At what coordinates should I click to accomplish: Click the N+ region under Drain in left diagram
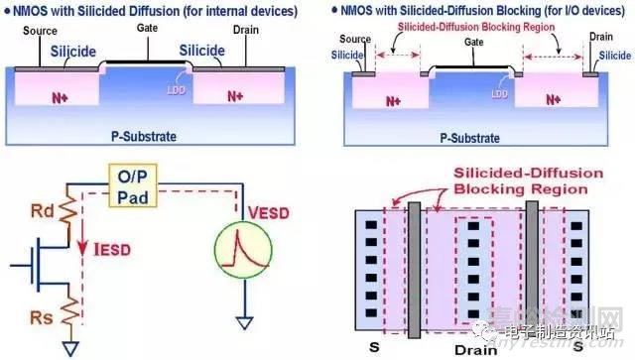point(235,96)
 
